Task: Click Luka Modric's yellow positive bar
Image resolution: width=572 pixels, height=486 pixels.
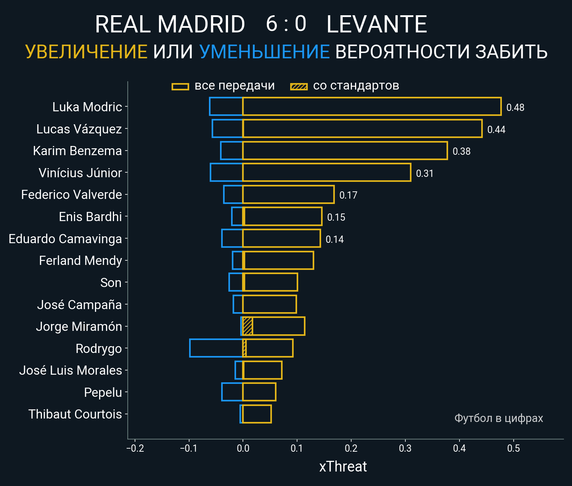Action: click(x=372, y=107)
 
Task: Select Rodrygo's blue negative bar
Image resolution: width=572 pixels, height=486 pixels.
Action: click(x=216, y=348)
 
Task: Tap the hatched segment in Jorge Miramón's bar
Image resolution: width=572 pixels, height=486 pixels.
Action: click(x=247, y=326)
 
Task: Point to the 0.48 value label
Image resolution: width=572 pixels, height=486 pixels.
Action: click(x=515, y=107)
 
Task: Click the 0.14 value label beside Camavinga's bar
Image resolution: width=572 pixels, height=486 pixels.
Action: click(x=334, y=239)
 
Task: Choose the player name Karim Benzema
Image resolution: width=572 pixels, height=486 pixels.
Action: click(x=77, y=151)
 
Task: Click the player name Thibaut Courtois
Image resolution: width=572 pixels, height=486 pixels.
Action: click(x=75, y=414)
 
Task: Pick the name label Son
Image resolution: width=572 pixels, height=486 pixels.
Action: click(x=111, y=283)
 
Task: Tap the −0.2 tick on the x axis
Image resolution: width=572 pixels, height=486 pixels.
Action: click(x=135, y=448)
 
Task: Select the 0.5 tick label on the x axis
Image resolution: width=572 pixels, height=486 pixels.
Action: click(x=513, y=448)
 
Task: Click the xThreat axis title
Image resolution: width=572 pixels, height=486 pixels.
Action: click(x=343, y=467)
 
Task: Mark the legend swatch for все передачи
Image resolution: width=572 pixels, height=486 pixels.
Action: click(x=180, y=87)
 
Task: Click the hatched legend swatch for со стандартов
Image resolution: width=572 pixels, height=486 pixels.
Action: click(x=299, y=87)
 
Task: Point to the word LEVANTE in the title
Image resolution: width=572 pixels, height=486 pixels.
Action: click(x=377, y=24)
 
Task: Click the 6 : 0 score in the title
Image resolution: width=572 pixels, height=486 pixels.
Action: click(x=286, y=24)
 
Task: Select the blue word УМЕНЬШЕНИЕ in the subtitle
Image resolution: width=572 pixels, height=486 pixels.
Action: click(x=264, y=52)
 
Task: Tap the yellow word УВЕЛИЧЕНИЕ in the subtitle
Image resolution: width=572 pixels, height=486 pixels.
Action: click(x=86, y=52)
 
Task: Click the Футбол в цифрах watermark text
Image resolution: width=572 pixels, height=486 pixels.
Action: click(x=498, y=418)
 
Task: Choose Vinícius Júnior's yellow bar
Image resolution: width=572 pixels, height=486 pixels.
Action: click(x=326, y=172)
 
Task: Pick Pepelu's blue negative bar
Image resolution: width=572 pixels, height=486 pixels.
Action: click(x=232, y=392)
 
